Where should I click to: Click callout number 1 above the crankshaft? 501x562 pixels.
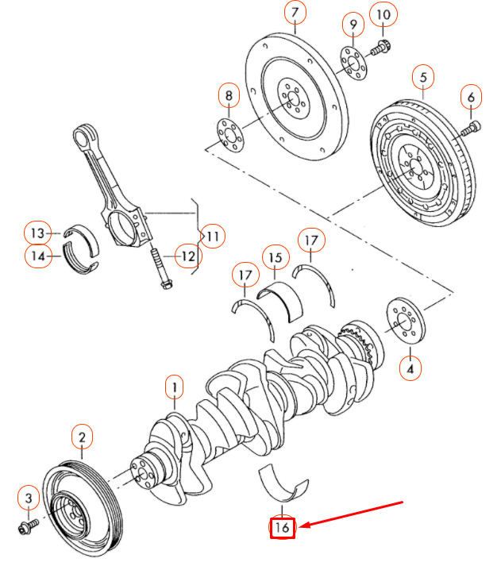[174, 387]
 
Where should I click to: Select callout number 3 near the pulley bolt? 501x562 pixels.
[28, 498]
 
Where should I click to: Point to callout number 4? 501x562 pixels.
[410, 369]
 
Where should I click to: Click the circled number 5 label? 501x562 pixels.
[423, 77]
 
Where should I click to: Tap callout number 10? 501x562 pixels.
[383, 14]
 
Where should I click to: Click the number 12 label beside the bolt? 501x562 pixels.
[187, 256]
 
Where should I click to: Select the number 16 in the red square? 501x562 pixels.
[283, 527]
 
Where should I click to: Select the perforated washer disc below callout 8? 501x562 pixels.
[229, 133]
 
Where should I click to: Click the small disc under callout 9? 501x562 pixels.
[351, 63]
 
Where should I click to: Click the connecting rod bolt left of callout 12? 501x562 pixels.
[160, 269]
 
